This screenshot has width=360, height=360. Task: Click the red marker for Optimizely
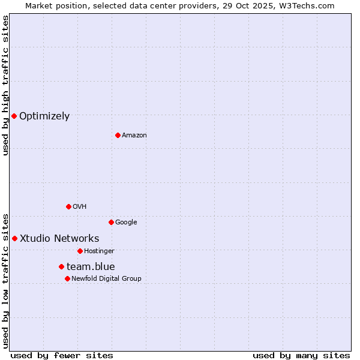tap(14, 116)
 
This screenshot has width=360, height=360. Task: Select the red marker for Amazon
tap(118, 135)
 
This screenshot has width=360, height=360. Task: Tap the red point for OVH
tap(68, 206)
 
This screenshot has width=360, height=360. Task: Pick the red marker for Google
tap(111, 222)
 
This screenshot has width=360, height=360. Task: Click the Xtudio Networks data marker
tap(14, 238)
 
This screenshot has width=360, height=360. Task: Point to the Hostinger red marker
tap(80, 251)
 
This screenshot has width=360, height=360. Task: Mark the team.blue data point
tap(61, 266)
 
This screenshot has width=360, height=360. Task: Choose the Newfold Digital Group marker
tap(67, 278)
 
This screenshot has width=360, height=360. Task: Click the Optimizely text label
tap(44, 116)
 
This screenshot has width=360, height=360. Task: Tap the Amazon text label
tap(134, 136)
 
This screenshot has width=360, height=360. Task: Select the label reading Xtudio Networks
tap(59, 239)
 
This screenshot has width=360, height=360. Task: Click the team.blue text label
tap(91, 267)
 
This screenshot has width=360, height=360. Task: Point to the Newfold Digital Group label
tap(106, 278)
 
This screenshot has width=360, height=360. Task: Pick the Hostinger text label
tap(99, 251)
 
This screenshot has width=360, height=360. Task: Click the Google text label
tap(126, 223)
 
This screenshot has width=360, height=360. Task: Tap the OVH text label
tap(79, 207)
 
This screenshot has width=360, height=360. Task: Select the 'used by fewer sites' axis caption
tap(62, 356)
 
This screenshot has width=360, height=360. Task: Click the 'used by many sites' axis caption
tap(301, 356)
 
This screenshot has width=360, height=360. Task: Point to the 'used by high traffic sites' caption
tap(5, 85)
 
